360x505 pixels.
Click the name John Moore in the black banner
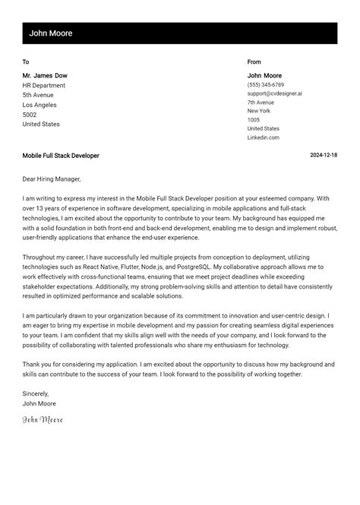pos(51,33)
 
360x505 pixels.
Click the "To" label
pos(26,62)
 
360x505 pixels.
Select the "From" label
pos(254,62)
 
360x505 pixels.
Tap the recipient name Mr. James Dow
pos(45,76)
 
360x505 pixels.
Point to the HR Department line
pos(43,86)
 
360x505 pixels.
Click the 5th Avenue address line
pos(39,96)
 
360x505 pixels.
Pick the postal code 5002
pos(30,115)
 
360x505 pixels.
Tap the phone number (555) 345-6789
pos(266,85)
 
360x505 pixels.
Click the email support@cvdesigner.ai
pos(274,93)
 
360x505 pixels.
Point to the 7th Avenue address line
pos(261,103)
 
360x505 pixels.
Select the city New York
pos(258,111)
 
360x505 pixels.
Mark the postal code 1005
pos(253,120)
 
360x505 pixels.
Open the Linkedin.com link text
pos(263,137)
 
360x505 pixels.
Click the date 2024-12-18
pos(324,156)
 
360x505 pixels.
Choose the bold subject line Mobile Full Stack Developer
pos(61,156)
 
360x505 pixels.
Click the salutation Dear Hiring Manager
pos(51,179)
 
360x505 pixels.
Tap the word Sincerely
pos(36,393)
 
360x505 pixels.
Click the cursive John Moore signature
pos(43,419)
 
